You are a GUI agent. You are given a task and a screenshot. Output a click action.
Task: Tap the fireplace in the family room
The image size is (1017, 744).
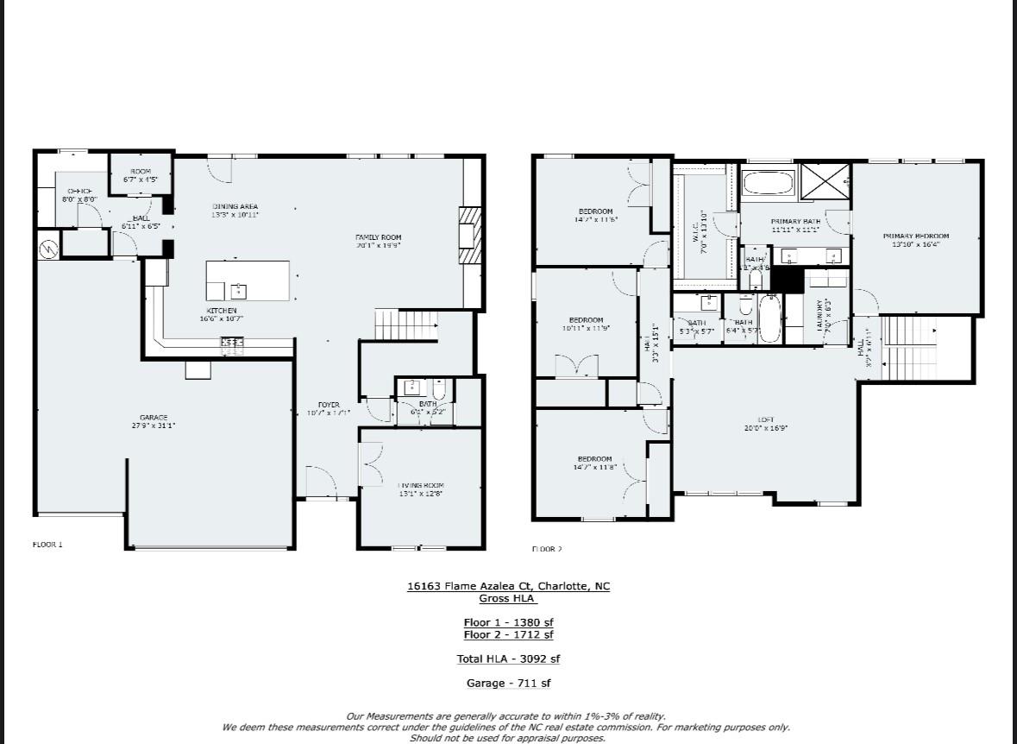[468, 235]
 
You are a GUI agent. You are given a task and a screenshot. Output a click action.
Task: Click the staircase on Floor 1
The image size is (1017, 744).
[405, 325]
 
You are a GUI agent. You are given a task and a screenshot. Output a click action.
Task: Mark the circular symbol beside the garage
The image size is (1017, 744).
[48, 249]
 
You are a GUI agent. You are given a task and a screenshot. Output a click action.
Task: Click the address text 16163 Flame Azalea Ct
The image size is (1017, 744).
[508, 586]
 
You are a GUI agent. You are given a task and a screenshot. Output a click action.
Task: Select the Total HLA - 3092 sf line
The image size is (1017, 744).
[508, 659]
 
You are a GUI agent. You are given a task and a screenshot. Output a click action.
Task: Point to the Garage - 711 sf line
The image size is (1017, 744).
[508, 683]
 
